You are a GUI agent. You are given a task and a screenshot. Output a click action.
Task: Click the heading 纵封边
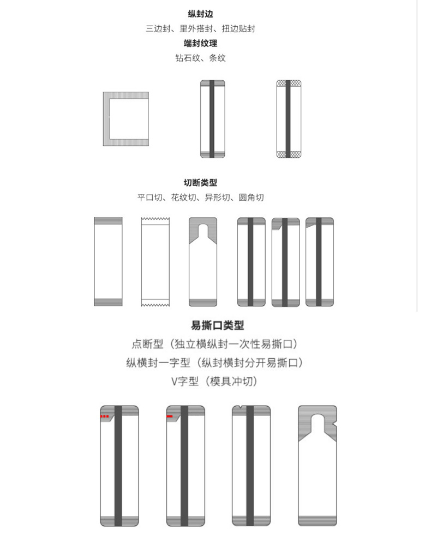pyautogui.click(x=200, y=14)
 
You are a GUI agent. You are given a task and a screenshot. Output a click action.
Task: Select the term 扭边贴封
pyautogui.click(x=237, y=28)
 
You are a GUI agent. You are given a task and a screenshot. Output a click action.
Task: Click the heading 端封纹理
pyautogui.click(x=200, y=43)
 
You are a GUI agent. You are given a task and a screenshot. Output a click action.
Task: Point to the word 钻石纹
pyautogui.click(x=187, y=57)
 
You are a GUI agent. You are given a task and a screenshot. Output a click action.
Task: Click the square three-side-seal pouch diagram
pyautogui.click(x=126, y=118)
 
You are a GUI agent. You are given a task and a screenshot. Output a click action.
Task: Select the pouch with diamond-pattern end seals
pyautogui.click(x=289, y=118)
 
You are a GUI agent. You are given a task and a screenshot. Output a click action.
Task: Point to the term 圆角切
pyautogui.click(x=251, y=197)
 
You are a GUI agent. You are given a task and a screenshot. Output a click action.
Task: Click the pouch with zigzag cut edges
pyautogui.click(x=155, y=262)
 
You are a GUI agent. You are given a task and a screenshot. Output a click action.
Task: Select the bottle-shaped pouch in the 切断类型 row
pyautogui.click(x=203, y=262)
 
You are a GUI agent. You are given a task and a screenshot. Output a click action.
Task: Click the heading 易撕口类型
pyautogui.click(x=217, y=326)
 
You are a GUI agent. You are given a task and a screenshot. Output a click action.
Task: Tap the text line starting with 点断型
pyautogui.click(x=215, y=344)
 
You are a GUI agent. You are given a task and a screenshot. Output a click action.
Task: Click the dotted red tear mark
pyautogui.click(x=104, y=417)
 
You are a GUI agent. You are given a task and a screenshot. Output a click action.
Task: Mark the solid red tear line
pyautogui.click(x=170, y=417)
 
